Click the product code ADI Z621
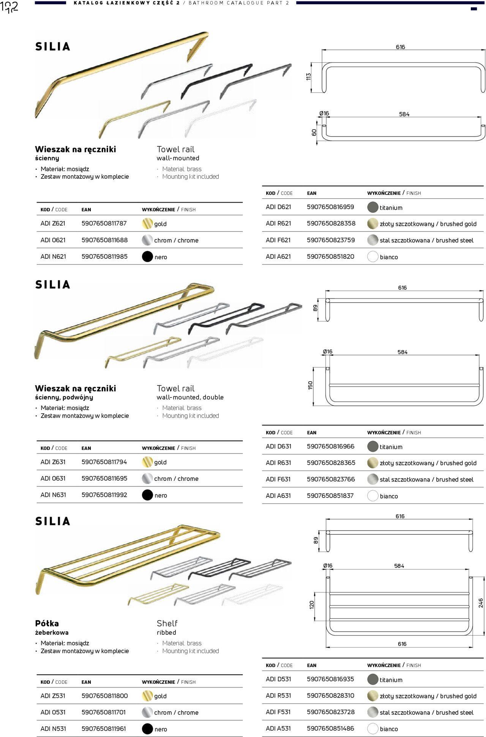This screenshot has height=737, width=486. tap(53, 223)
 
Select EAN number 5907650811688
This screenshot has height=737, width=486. tap(104, 240)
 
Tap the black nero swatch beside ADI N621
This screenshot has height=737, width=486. tap(147, 257)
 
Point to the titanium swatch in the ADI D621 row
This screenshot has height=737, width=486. tap(373, 207)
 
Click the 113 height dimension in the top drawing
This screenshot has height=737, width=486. tap(309, 76)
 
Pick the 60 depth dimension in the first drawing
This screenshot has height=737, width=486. tap(314, 132)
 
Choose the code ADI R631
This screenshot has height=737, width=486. tap(278, 463)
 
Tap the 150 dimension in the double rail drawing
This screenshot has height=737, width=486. tap(310, 385)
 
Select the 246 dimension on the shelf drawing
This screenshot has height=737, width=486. tap(481, 603)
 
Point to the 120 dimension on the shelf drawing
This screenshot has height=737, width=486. tap(312, 604)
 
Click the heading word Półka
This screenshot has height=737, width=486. tap(47, 623)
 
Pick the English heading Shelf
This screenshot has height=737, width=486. tap(167, 623)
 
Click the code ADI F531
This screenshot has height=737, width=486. tap(278, 712)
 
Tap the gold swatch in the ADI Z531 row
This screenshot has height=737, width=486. tap(147, 696)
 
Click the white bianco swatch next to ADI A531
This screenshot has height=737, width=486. tap(373, 729)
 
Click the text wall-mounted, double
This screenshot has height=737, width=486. tap(190, 397)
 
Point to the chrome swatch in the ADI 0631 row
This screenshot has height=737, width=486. tap(147, 479)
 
